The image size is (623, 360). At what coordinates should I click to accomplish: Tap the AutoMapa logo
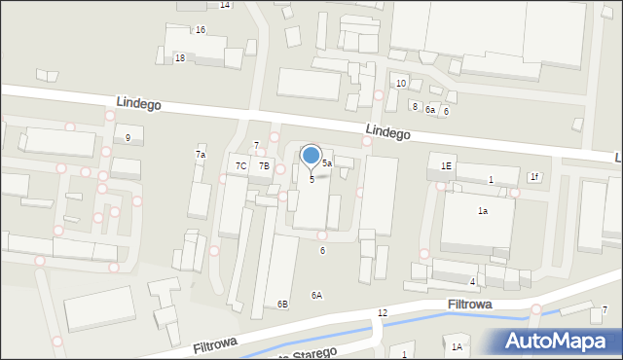(559, 341)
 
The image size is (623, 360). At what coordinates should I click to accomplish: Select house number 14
(225, 5)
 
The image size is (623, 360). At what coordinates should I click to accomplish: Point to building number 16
(200, 30)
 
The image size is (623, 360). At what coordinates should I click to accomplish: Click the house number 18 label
(180, 58)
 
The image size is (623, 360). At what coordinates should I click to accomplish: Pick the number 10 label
(401, 84)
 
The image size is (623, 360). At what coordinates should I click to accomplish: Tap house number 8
(415, 106)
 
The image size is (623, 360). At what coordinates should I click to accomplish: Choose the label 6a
(429, 110)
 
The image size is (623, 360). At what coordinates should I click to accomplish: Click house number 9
(128, 137)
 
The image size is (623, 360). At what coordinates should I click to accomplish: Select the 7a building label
(201, 155)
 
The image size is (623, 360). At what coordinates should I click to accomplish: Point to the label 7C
(240, 165)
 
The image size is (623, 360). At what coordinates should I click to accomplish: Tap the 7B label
(264, 165)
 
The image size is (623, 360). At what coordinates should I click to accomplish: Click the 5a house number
(328, 163)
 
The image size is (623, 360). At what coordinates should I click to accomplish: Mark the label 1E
(446, 166)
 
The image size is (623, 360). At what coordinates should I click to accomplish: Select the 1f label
(533, 176)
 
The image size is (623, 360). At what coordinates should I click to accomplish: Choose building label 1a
(482, 210)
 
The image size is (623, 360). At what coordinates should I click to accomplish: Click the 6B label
(282, 305)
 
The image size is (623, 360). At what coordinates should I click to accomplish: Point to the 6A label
(316, 295)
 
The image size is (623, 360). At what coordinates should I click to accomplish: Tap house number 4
(472, 281)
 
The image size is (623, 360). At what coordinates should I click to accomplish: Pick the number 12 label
(383, 312)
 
